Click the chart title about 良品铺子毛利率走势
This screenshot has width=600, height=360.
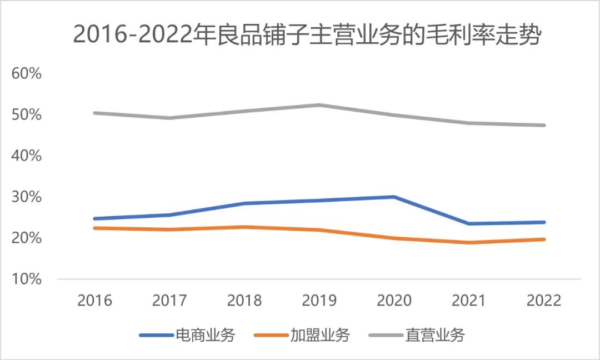click(307, 36)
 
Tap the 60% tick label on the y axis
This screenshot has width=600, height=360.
click(27, 73)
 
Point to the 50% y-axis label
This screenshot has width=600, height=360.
click(27, 114)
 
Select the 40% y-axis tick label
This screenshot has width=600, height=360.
click(27, 156)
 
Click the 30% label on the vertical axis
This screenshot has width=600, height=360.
click(27, 197)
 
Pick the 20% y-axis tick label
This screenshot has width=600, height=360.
click(27, 238)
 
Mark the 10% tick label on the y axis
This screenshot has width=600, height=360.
click(27, 279)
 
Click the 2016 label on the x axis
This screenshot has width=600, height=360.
click(94, 301)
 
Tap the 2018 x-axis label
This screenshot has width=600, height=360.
click(244, 301)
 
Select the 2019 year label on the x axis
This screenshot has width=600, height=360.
click(319, 301)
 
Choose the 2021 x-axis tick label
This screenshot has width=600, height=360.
click(469, 301)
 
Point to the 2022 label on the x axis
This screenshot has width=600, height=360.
click(544, 301)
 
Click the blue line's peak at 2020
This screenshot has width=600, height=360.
click(394, 197)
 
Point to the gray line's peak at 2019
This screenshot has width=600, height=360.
click(319, 105)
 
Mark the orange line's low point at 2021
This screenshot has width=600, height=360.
click(469, 243)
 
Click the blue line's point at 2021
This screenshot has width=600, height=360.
click(469, 224)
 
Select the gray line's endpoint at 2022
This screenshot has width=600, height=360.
click(544, 125)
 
